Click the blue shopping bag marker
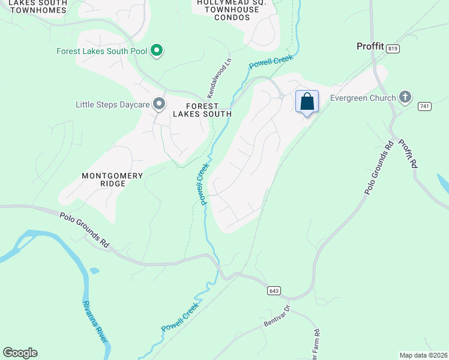[x=307, y=101]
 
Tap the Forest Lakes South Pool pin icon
[x=157, y=50]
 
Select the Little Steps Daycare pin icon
[x=159, y=105]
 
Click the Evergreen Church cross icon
[x=405, y=97]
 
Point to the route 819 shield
[x=393, y=49]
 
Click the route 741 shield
[x=425, y=106]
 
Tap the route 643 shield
[x=274, y=290]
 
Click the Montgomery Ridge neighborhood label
[x=113, y=179]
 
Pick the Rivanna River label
[x=95, y=322]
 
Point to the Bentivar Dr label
[x=277, y=316]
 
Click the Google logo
[x=20, y=353]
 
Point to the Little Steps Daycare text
[x=112, y=105]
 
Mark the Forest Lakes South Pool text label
[x=101, y=51]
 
